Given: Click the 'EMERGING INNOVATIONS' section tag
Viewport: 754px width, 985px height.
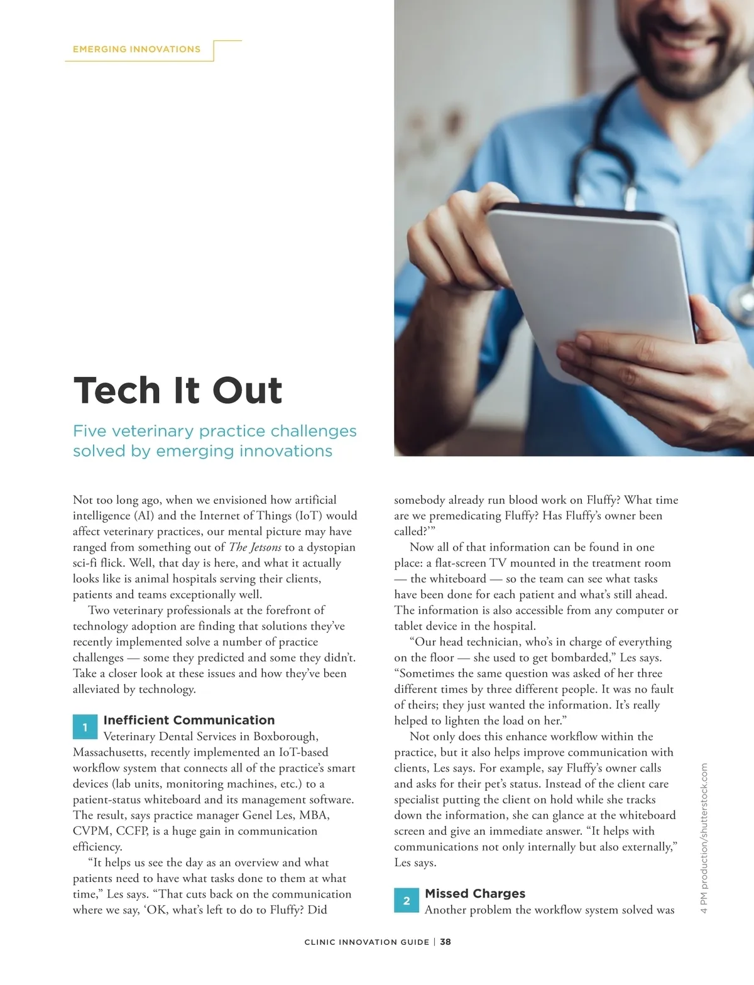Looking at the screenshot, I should (x=136, y=49).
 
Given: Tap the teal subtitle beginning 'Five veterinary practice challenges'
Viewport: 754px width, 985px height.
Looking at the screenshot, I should (x=214, y=440).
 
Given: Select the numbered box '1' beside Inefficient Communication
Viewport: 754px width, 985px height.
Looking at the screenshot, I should (x=85, y=727).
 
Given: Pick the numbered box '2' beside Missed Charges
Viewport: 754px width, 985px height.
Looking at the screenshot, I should (x=406, y=900).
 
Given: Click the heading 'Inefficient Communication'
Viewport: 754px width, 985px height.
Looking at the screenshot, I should (x=188, y=720).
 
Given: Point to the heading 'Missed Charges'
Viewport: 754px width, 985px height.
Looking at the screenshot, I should (x=474, y=893).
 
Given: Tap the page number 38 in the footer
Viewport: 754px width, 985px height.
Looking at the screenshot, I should (x=445, y=942).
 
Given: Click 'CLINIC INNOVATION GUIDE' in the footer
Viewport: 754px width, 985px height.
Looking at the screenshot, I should (x=366, y=942).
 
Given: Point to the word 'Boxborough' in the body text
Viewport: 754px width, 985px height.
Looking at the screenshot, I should (x=285, y=736).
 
